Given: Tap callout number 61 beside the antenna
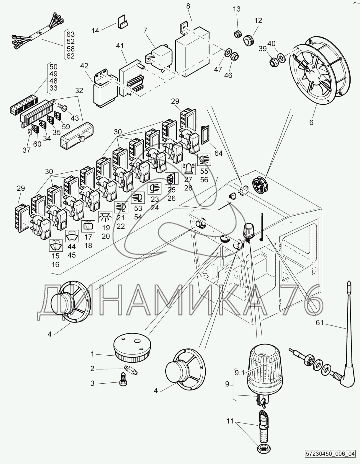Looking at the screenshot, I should pyautogui.click(x=320, y=323).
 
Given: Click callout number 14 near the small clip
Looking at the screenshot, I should pyautogui.click(x=96, y=30).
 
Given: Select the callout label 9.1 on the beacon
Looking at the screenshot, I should pyautogui.click(x=240, y=373).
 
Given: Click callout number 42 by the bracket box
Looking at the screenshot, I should pyautogui.click(x=84, y=66).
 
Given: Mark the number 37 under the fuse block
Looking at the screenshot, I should pyautogui.click(x=27, y=150).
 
